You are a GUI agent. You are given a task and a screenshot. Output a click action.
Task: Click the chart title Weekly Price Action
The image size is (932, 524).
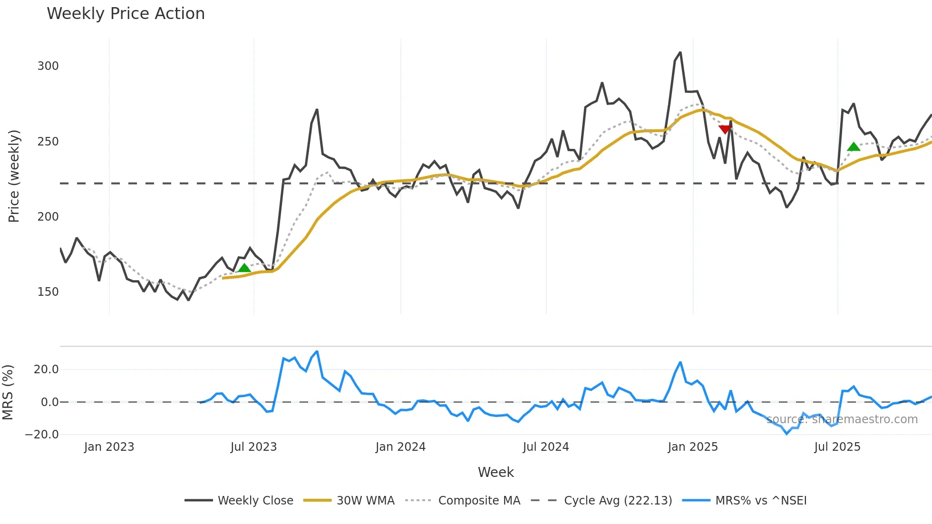(126, 14)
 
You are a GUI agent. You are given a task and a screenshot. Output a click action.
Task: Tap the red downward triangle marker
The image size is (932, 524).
(725, 129)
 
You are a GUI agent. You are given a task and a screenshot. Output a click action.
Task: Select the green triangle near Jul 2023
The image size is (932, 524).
(244, 268)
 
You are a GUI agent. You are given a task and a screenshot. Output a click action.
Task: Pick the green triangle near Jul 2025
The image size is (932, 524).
(854, 147)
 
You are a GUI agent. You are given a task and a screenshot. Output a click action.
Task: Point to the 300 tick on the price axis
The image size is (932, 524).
(48, 66)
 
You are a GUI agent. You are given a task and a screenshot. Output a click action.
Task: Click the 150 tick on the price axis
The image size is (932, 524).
(48, 292)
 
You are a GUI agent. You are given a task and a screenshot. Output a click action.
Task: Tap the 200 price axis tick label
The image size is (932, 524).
(48, 217)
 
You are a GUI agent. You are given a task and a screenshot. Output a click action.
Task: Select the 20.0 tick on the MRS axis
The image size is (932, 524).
(46, 369)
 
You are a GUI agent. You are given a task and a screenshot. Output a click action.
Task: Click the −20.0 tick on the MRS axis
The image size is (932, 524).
(42, 435)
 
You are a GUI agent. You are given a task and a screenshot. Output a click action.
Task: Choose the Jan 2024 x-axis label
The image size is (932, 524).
(400, 447)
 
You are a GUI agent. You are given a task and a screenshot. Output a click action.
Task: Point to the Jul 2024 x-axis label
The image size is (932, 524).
(546, 447)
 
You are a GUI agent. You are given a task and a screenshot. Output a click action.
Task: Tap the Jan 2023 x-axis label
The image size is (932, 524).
(109, 447)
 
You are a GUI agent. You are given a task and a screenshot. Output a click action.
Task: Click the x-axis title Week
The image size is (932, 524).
(495, 472)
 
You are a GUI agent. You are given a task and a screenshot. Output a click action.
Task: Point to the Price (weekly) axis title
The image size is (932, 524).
(14, 176)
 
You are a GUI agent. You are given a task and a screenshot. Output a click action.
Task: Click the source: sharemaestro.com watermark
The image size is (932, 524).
(842, 419)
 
